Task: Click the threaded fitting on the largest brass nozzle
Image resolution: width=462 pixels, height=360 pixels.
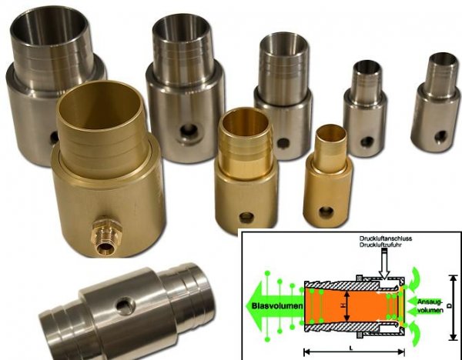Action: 104,238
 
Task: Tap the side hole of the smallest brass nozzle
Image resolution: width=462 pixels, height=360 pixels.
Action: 326,212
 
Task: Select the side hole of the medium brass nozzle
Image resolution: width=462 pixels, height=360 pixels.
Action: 246,218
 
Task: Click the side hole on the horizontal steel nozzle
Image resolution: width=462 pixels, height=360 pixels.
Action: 126,306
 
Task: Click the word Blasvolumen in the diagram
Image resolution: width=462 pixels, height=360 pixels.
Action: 277,306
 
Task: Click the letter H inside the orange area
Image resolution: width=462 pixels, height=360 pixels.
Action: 343,306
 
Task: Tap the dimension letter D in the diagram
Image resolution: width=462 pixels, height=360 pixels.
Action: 450,306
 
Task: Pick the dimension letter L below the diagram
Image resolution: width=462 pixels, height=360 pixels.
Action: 351,348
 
